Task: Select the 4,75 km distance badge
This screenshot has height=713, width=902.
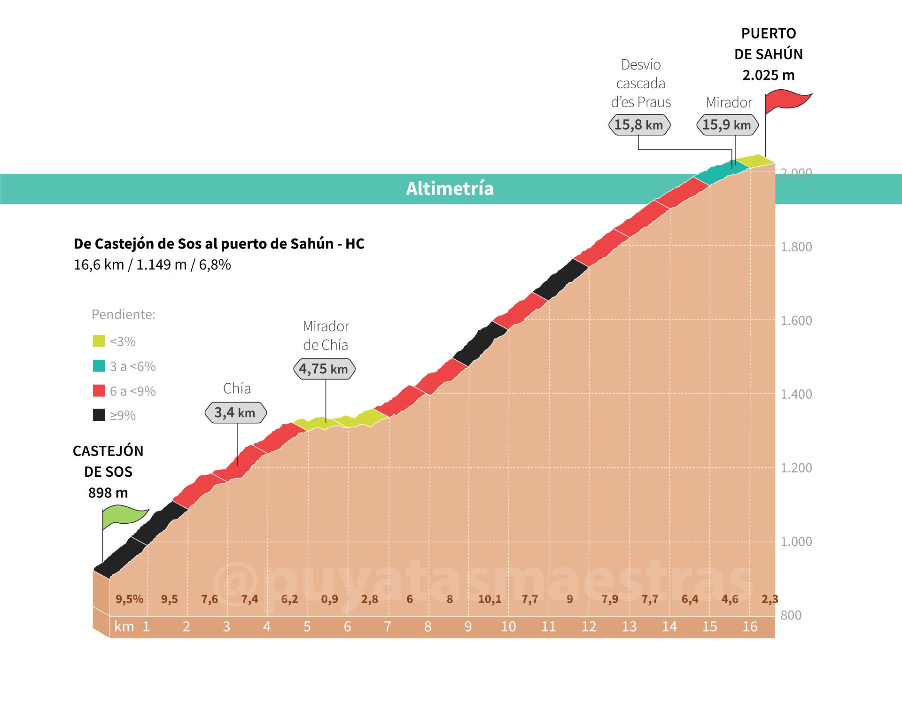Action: (x=324, y=369)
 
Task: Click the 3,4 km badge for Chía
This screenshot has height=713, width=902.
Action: (x=235, y=413)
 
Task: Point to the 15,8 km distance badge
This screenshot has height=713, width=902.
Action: (x=639, y=125)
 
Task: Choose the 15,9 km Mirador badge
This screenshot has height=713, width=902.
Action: (x=727, y=125)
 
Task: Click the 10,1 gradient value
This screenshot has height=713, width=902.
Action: (x=490, y=599)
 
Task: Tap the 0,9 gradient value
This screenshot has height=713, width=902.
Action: (x=329, y=599)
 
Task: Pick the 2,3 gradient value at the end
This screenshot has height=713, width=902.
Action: (x=770, y=599)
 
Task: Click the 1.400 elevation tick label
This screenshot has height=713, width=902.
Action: (x=796, y=394)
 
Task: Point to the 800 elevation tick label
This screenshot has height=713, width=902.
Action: (x=791, y=615)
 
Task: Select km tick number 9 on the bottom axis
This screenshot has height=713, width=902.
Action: (x=468, y=627)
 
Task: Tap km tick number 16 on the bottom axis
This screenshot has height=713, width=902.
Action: (x=750, y=627)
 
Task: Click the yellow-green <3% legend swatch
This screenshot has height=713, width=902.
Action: (x=99, y=341)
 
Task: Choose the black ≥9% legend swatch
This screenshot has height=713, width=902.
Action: (x=99, y=415)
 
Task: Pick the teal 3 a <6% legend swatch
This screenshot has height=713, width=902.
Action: (x=99, y=366)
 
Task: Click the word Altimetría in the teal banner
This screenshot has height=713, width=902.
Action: (x=450, y=189)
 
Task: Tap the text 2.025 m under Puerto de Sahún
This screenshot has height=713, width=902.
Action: (x=768, y=75)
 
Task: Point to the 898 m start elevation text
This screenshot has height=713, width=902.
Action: (x=108, y=493)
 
